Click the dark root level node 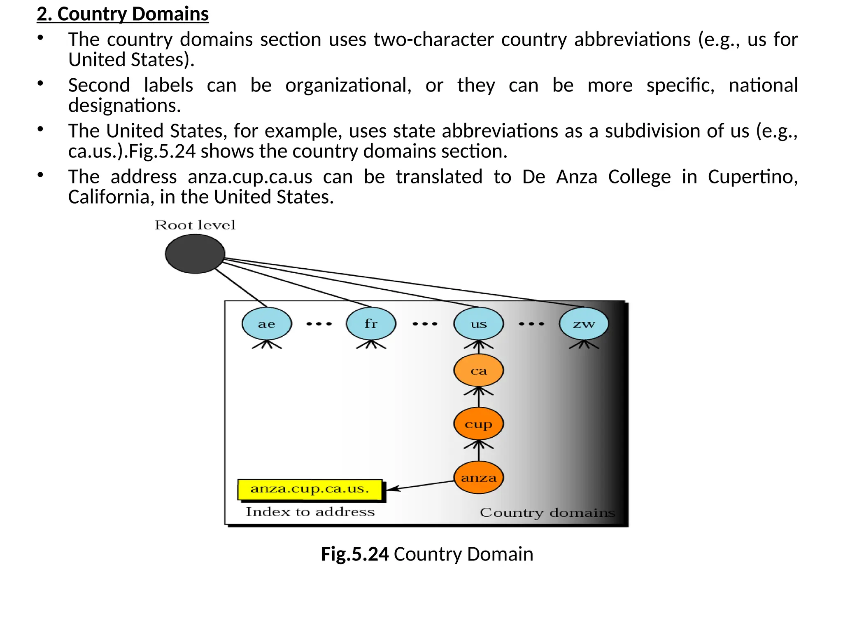(x=195, y=254)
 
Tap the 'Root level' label (x=195, y=225)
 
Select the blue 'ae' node (x=267, y=324)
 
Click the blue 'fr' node (x=371, y=324)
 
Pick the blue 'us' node (x=478, y=324)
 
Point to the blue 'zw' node (x=584, y=324)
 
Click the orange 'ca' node (x=478, y=370)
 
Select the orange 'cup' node (x=478, y=424)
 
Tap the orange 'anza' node (x=478, y=478)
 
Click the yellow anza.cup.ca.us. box (x=310, y=490)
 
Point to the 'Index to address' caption (x=310, y=512)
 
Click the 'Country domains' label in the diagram (x=547, y=513)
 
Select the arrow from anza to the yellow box (x=420, y=485)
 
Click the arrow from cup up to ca (x=478, y=397)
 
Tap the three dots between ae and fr (x=319, y=324)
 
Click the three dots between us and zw (x=531, y=324)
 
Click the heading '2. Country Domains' (x=123, y=14)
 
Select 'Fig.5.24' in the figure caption (x=354, y=554)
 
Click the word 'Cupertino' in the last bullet (x=752, y=177)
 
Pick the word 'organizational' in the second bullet (x=348, y=85)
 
